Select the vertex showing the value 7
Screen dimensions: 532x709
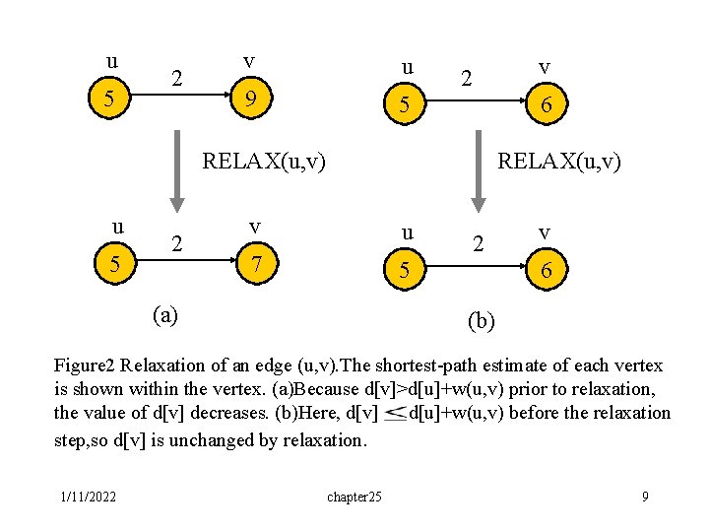pyautogui.click(x=255, y=265)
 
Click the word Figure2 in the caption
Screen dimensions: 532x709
pyautogui.click(x=88, y=366)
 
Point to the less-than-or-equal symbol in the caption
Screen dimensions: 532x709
pyautogui.click(x=394, y=414)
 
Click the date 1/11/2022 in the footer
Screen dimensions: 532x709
pyautogui.click(x=87, y=497)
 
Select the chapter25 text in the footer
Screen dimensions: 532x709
pyautogui.click(x=354, y=497)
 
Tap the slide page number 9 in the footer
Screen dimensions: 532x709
pyautogui.click(x=645, y=497)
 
